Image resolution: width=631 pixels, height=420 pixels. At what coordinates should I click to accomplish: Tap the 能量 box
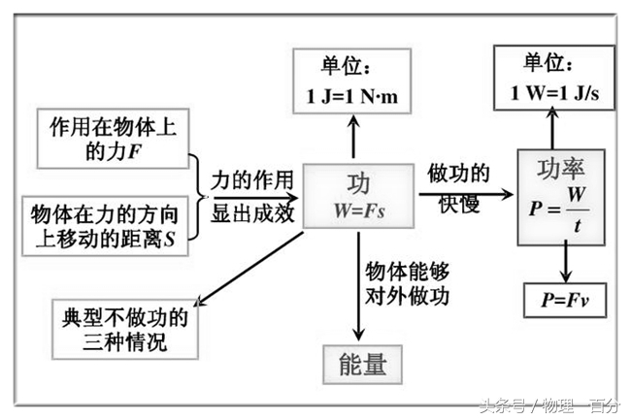[363, 365]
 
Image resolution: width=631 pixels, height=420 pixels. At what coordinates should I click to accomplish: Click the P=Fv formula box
[563, 300]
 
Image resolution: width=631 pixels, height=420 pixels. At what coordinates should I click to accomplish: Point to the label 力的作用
[250, 179]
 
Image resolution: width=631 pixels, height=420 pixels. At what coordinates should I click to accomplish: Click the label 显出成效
[250, 213]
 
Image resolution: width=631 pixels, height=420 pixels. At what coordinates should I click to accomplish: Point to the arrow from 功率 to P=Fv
[564, 261]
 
